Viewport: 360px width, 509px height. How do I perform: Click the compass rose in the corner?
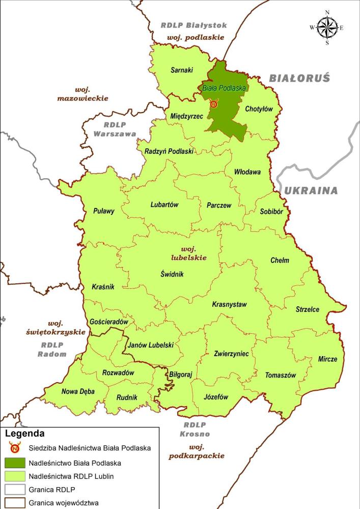[x=327, y=28]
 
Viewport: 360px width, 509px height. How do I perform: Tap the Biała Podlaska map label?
[x=224, y=88]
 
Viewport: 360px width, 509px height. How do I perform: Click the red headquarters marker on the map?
[x=214, y=104]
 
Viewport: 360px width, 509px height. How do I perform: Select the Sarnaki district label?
[x=182, y=71]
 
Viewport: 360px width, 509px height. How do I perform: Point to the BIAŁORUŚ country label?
[x=299, y=78]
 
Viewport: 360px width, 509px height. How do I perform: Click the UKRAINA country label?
[x=311, y=191]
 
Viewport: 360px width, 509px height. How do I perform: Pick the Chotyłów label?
[x=259, y=109]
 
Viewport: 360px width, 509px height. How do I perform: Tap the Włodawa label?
[x=247, y=172]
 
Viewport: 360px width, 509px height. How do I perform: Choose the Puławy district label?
[x=104, y=210]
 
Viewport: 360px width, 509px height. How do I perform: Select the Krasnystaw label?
[x=229, y=305]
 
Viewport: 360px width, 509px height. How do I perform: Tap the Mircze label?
[x=327, y=359]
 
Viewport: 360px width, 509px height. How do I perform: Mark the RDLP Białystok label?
[x=193, y=25]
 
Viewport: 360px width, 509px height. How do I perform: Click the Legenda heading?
[x=24, y=434]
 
